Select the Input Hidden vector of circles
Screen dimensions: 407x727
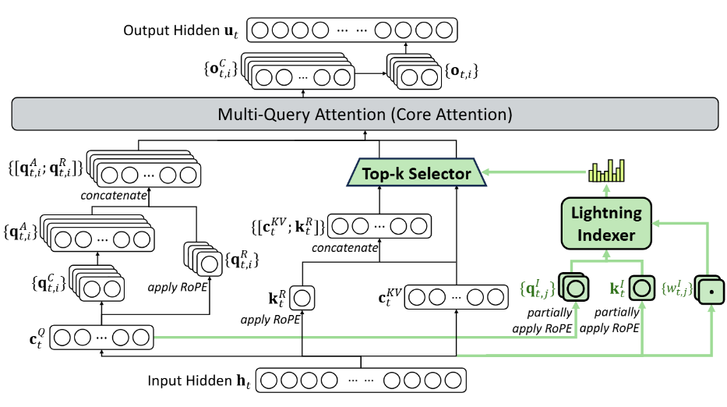pyautogui.click(x=364, y=381)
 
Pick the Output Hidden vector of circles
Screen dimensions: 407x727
pyautogui.click(x=351, y=30)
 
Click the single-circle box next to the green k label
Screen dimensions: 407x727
pyautogui.click(x=642, y=289)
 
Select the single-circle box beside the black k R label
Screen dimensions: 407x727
pyautogui.click(x=304, y=298)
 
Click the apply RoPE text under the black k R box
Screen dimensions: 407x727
pyautogui.click(x=266, y=320)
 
